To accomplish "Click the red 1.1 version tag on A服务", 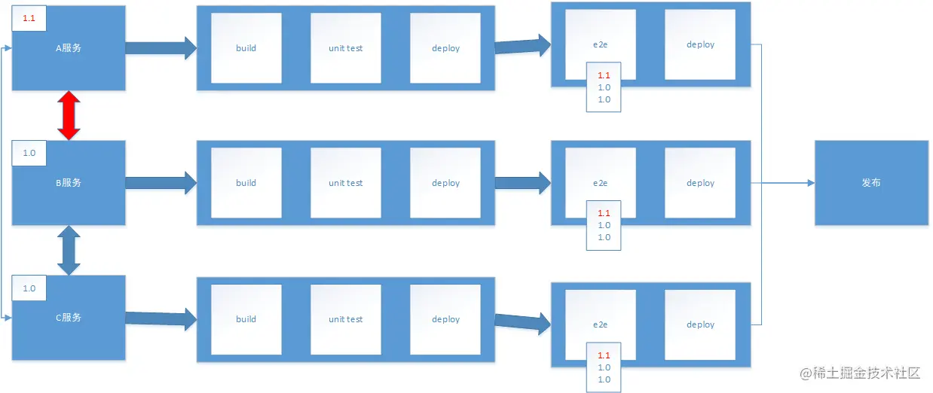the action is click(x=29, y=18).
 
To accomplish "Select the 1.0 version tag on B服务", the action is click(x=29, y=153).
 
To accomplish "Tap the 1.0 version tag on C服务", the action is click(x=29, y=288).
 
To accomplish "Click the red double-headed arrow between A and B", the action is click(x=69, y=115).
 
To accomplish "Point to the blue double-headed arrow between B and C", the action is click(x=69, y=250).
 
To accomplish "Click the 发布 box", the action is click(x=871, y=183).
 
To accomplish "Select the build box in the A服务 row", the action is click(x=246, y=48).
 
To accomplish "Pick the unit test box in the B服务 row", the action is click(x=346, y=183).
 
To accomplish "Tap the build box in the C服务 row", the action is click(x=246, y=319).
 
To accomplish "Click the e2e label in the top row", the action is click(x=600, y=44).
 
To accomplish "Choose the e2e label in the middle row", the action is click(x=600, y=183).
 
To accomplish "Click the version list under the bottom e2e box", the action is click(x=604, y=367).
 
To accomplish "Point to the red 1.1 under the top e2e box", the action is click(x=604, y=75).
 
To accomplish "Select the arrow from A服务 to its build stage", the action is click(x=161, y=48).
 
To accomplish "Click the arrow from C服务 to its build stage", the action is click(x=161, y=319).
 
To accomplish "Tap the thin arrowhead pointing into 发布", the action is click(x=812, y=183).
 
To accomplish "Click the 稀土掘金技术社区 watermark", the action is click(x=860, y=373).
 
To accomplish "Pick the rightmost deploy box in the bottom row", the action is click(x=700, y=324).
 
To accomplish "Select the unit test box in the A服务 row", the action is click(x=346, y=48).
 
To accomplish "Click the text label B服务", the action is click(x=69, y=183).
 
